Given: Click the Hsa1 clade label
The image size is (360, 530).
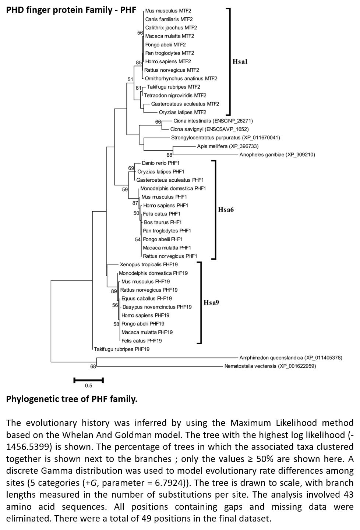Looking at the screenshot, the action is coord(240,62).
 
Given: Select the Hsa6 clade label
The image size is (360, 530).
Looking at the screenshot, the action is coord(226,210).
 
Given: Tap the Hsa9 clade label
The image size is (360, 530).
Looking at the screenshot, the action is coord(211,303).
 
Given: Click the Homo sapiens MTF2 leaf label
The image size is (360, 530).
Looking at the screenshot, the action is coord(168,61).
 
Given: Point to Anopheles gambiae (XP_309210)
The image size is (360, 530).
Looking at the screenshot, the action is coord(277,155).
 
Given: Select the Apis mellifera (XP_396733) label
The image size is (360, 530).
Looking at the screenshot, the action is coord(227,146).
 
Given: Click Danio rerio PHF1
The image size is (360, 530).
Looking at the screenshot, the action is coord(160,163).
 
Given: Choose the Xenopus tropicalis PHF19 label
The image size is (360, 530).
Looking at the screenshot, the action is coord(149,264).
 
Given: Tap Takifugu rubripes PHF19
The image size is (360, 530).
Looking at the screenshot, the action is coord(122,349).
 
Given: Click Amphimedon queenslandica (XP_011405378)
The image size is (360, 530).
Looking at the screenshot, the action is coord(291,358).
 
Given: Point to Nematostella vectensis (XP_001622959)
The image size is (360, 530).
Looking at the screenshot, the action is coord(270,366).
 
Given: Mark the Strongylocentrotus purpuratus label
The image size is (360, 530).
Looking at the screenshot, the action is coord(226,138).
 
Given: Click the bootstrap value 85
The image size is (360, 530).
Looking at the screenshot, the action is coord(139,63).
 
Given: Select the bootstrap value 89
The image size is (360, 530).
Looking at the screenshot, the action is coord(114,292).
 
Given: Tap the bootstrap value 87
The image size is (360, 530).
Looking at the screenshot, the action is coord(135,203).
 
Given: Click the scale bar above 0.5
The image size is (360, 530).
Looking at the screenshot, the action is coord(89,380).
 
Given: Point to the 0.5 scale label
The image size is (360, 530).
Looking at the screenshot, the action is coord(89,386).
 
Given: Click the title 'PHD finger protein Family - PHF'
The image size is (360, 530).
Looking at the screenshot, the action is coord(71,10).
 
